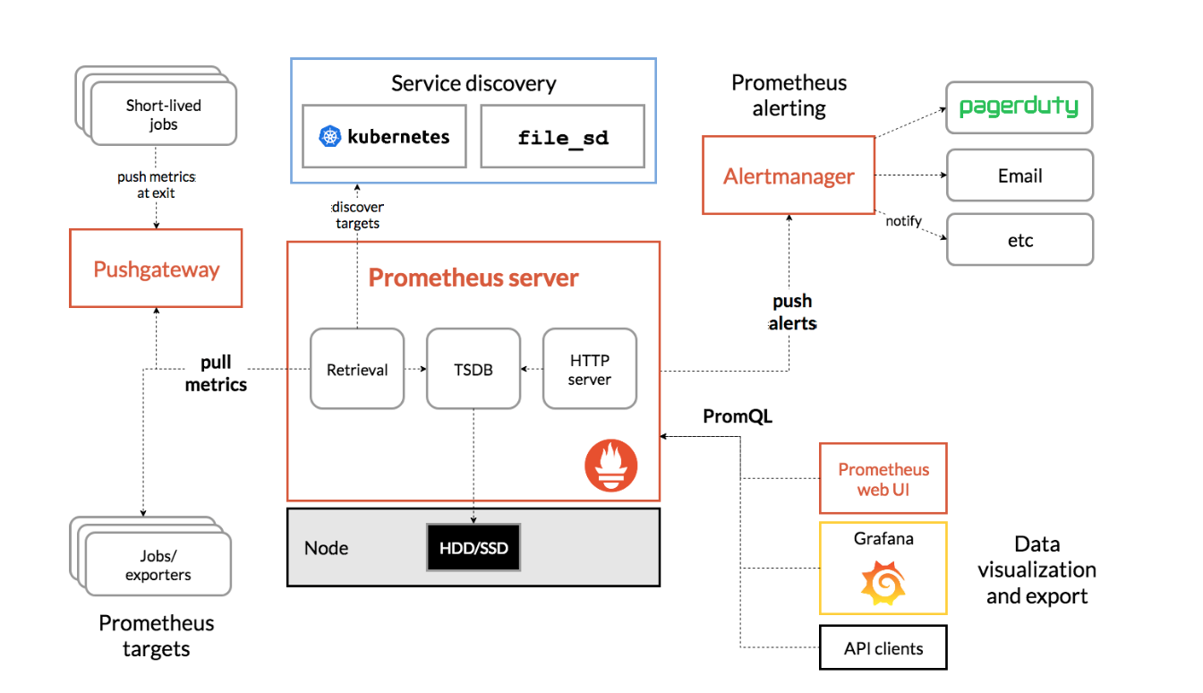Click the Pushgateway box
156,268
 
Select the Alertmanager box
789,175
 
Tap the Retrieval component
357,369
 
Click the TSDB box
474,369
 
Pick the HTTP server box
590,369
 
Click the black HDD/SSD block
474,547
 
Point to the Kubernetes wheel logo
329,136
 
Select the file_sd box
562,136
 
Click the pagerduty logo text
1019,107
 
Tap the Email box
1020,175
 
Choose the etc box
1020,240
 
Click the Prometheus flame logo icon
611,466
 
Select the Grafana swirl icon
883,583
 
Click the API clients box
883,647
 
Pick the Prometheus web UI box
883,479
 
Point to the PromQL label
738,416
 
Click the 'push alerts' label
792,312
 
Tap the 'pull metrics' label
216,373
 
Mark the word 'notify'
903,221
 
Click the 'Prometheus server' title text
474,278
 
